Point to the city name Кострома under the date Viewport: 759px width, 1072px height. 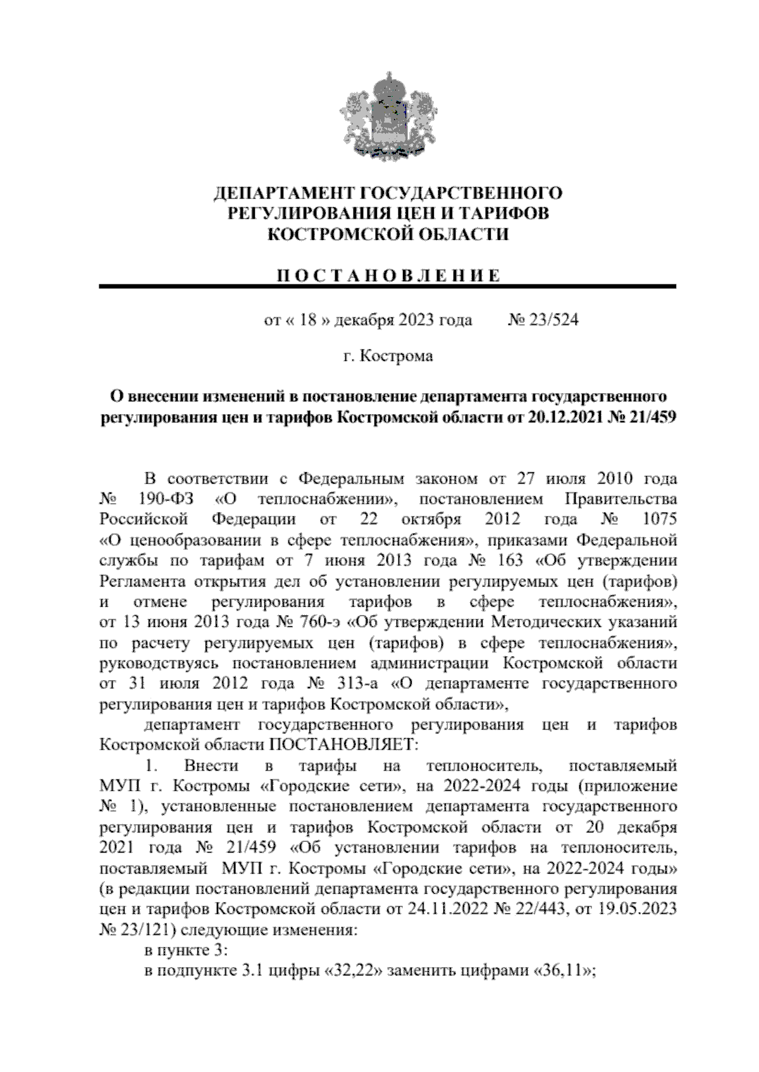397,356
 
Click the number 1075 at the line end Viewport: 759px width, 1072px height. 659,520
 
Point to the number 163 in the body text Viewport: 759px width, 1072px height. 510,561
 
